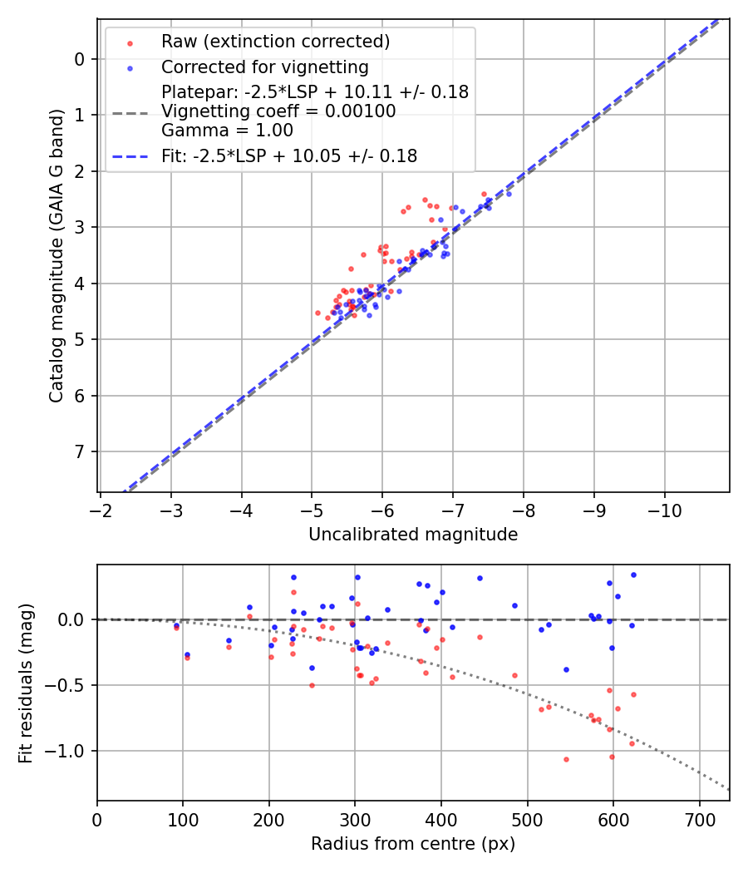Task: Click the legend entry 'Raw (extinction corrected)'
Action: click(275, 42)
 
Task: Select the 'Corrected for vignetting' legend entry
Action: click(265, 67)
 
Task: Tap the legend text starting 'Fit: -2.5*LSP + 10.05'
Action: click(289, 155)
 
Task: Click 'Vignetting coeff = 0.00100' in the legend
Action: click(278, 111)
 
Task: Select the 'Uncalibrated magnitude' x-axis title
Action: click(413, 535)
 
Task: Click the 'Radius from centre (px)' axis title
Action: click(413, 844)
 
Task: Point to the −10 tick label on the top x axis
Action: click(664, 508)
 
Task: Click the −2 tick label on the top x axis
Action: click(101, 508)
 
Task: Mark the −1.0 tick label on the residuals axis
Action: click(69, 751)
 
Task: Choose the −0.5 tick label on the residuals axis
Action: click(69, 685)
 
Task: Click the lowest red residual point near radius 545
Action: click(566, 759)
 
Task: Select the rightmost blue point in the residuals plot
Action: click(633, 575)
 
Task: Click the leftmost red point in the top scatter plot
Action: click(317, 313)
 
